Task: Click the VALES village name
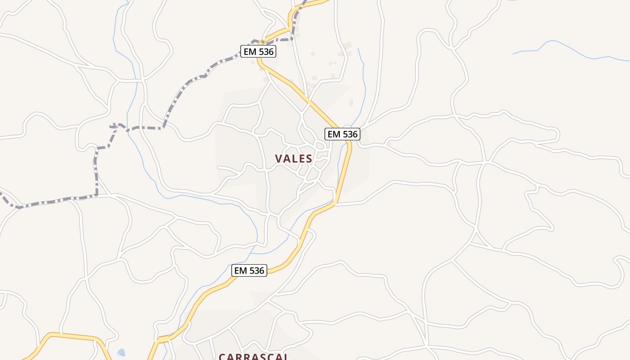pos(293,158)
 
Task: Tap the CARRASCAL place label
pos(253,356)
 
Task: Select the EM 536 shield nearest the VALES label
pos(342,134)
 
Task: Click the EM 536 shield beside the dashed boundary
pos(258,52)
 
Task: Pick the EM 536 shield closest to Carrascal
pos(249,270)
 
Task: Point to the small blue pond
pos(121,352)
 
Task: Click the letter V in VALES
pos(279,158)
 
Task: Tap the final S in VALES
pos(309,158)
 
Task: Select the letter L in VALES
pos(293,158)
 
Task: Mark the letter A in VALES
pos(286,158)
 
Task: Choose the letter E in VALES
pos(301,158)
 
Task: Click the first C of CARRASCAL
pos(222,357)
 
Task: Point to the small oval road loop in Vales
pos(321,145)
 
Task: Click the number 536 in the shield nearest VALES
pos(348,134)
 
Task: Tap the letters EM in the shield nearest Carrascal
pos(240,270)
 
